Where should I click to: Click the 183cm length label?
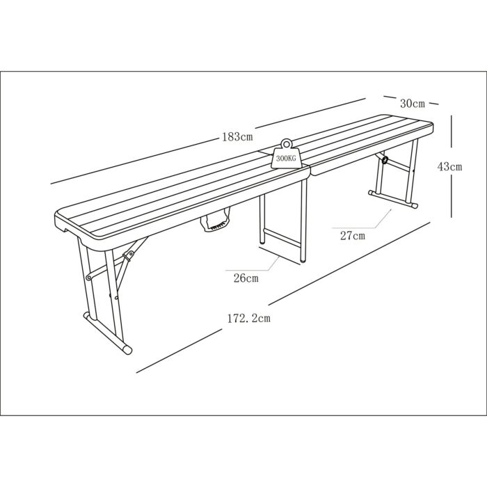(237, 137)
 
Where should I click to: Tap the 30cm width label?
(412, 104)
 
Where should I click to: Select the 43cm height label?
(449, 167)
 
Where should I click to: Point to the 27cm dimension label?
(353, 236)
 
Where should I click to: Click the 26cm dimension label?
(246, 278)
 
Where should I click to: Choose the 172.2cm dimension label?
(249, 319)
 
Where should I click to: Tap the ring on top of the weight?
(286, 144)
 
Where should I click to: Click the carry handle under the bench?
(215, 220)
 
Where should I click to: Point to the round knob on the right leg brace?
(385, 160)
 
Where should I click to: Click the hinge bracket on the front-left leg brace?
(128, 255)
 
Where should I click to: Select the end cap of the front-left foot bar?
(127, 349)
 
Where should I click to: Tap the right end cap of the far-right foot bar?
(414, 205)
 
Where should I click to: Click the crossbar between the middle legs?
(282, 238)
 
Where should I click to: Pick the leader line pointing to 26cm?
(252, 264)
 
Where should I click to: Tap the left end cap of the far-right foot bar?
(371, 193)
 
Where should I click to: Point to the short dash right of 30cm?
(433, 104)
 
